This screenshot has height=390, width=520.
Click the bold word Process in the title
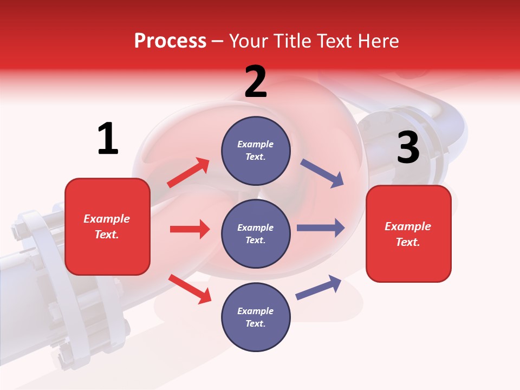click(x=170, y=41)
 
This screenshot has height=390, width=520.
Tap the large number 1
click(x=108, y=139)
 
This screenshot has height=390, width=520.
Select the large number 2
click(x=256, y=82)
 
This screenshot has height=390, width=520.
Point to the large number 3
click(x=408, y=148)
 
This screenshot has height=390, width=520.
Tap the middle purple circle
click(x=256, y=233)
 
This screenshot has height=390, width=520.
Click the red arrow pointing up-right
click(x=188, y=172)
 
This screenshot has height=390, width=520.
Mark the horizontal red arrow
click(x=190, y=229)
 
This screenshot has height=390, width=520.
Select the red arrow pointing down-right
click(x=190, y=288)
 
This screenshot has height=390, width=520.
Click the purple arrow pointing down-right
click(x=322, y=173)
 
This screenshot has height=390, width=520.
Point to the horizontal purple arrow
click(x=321, y=227)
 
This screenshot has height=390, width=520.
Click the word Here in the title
click(x=378, y=41)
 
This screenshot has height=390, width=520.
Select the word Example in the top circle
click(x=255, y=144)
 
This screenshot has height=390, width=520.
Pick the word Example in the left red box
click(x=107, y=219)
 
